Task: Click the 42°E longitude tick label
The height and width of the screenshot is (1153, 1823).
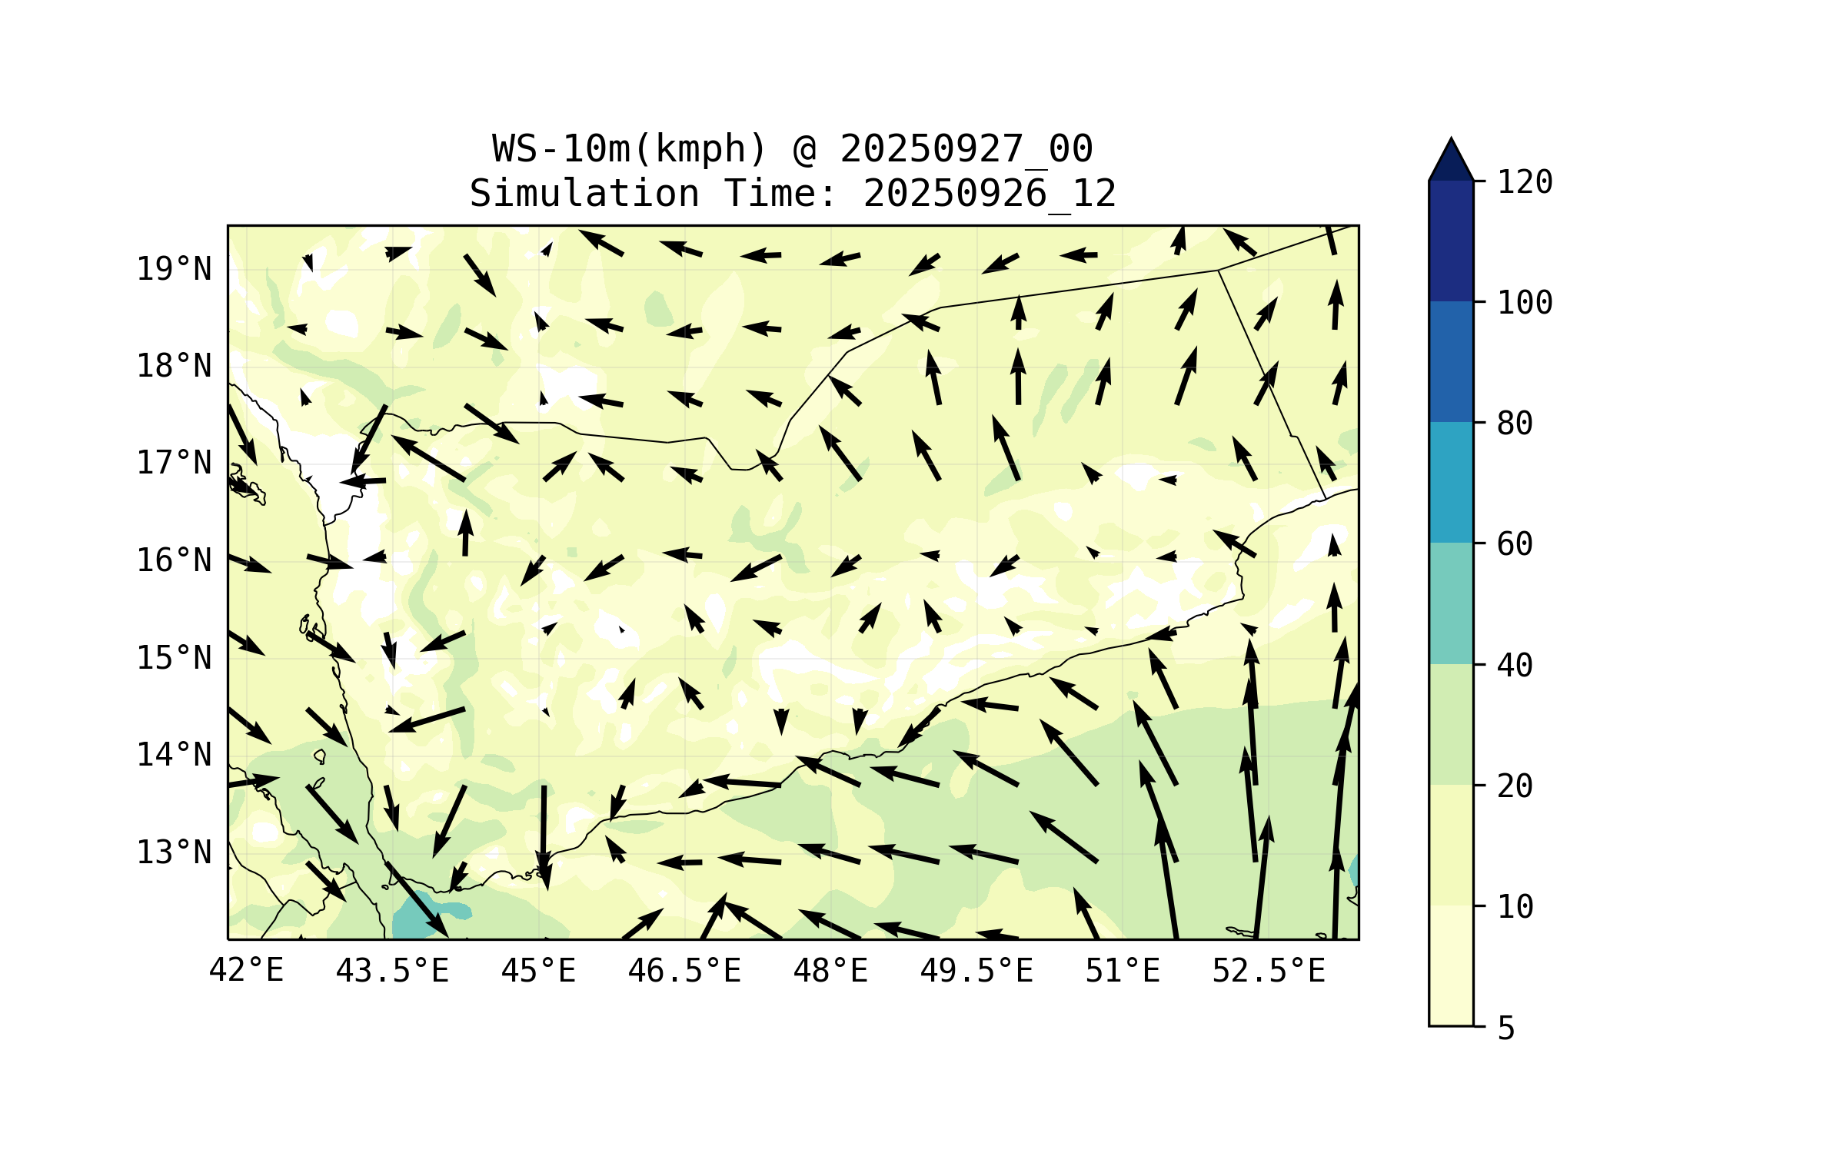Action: coord(246,971)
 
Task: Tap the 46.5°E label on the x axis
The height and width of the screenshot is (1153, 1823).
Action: coord(684,971)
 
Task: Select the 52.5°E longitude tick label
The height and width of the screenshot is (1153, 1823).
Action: coord(1269,971)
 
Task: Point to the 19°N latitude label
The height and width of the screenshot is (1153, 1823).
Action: coord(174,269)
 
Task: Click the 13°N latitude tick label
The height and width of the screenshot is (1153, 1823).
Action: coord(174,852)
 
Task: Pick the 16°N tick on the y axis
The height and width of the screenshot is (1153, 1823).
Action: coord(174,560)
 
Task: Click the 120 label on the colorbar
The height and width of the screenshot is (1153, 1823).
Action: coord(1525,182)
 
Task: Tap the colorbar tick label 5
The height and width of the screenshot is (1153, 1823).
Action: coord(1506,1028)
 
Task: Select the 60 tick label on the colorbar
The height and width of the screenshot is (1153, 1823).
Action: coord(1515,544)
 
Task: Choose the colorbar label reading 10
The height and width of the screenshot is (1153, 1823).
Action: coord(1515,907)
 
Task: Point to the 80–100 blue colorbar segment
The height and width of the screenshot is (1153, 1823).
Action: coord(1451,361)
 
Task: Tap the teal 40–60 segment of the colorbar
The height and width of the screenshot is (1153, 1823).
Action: coord(1451,603)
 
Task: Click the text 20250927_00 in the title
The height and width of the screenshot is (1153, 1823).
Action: coord(966,148)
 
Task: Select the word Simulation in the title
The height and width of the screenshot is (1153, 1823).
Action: coord(584,193)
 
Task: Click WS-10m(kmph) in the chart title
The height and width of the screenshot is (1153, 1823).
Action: coord(630,148)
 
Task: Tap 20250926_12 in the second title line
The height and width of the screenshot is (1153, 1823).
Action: coord(990,193)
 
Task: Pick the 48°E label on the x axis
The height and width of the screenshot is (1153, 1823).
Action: coord(830,971)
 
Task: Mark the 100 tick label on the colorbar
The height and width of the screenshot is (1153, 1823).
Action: coord(1525,303)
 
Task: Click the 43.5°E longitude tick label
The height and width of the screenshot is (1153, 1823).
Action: coord(392,971)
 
